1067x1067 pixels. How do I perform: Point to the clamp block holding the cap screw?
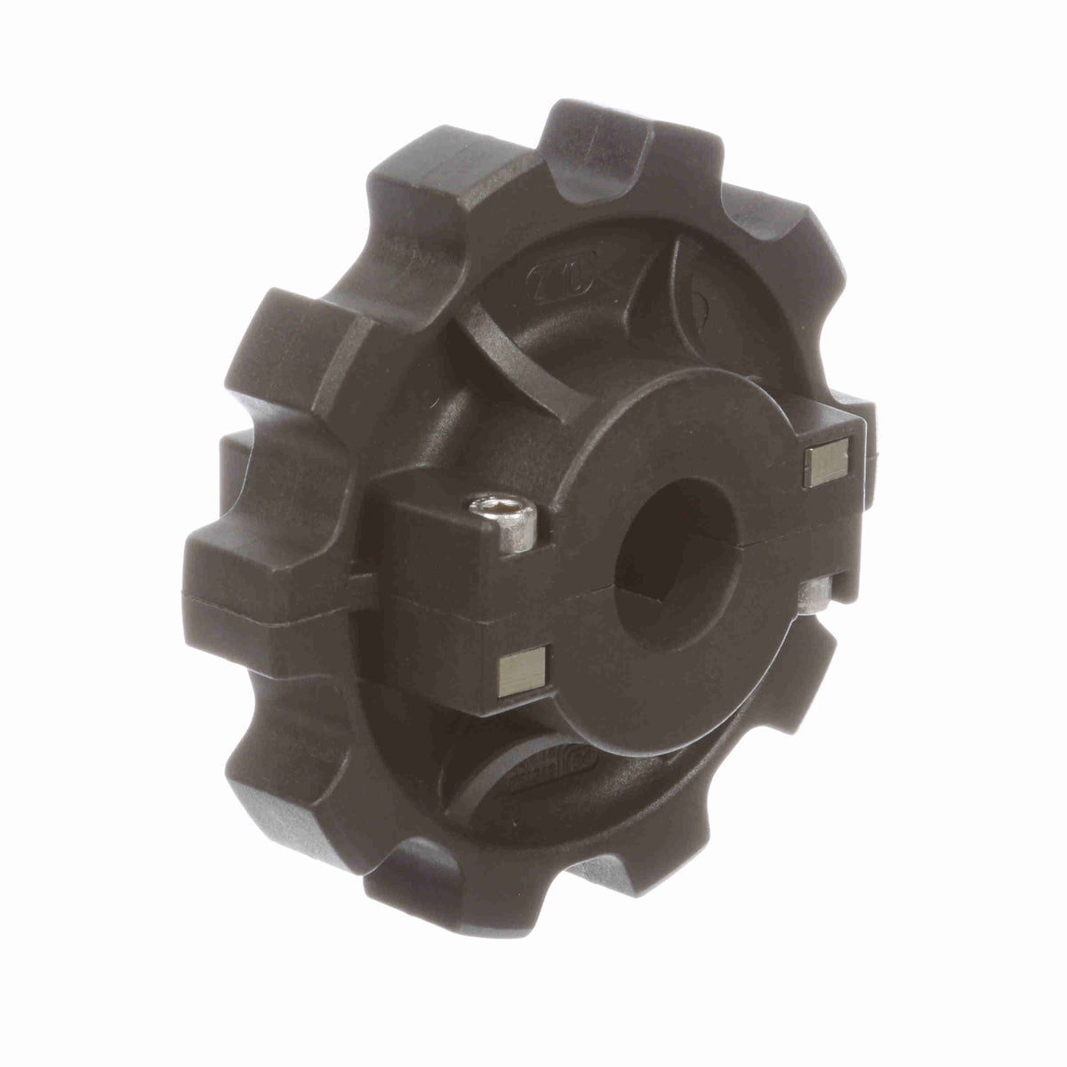pyautogui.click(x=445, y=542)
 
